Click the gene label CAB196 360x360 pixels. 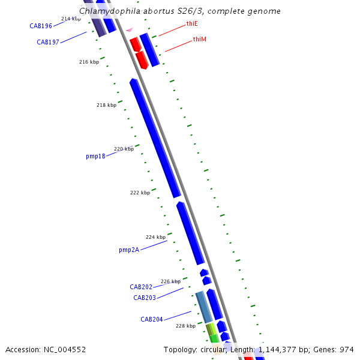(41, 26)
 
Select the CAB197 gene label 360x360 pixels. (48, 42)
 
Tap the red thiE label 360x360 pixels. (192, 24)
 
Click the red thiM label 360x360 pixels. (200, 40)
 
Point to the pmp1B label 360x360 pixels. (95, 156)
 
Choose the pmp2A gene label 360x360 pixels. (129, 250)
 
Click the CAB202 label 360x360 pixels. (141, 287)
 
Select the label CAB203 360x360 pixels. (145, 298)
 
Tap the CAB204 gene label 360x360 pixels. (152, 319)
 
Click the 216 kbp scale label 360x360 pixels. (89, 62)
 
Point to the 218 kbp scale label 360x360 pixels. (106, 106)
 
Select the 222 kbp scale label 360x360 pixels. (140, 193)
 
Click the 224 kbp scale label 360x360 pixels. (155, 238)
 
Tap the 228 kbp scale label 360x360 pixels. (185, 326)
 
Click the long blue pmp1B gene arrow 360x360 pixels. (155, 137)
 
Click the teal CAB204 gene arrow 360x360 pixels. (204, 307)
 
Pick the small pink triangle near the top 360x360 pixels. (129, 29)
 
